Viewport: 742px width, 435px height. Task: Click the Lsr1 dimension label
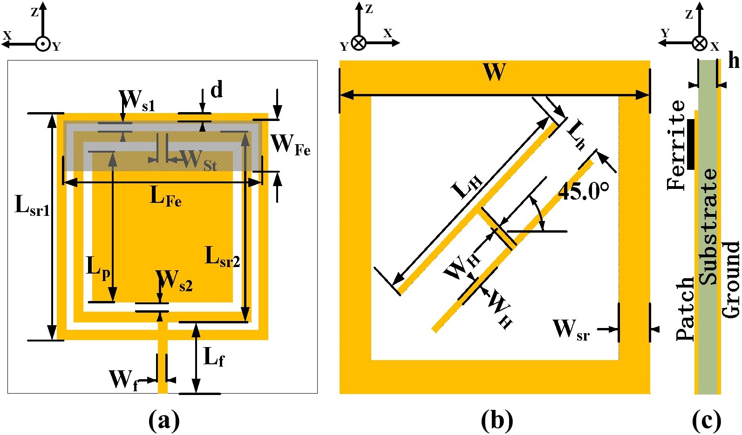pyautogui.click(x=32, y=205)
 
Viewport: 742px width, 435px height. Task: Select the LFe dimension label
pyautogui.click(x=165, y=196)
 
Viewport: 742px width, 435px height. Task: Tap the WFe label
pyautogui.click(x=290, y=144)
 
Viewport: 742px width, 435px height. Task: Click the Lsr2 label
pyautogui.click(x=223, y=256)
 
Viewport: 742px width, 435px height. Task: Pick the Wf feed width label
pyautogui.click(x=123, y=380)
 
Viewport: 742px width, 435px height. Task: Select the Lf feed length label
pyautogui.click(x=214, y=357)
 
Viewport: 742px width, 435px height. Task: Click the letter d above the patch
pyautogui.click(x=217, y=89)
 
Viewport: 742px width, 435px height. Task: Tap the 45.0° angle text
pyautogui.click(x=583, y=191)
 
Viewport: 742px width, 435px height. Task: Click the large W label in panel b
pyautogui.click(x=494, y=73)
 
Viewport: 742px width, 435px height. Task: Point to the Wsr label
pyautogui.click(x=571, y=329)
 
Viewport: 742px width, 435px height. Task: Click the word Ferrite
pyautogui.click(x=676, y=145)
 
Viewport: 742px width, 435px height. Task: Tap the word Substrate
pyautogui.click(x=708, y=227)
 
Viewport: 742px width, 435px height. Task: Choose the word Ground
pyautogui.click(x=731, y=279)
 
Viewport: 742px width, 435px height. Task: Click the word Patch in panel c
pyautogui.click(x=685, y=309)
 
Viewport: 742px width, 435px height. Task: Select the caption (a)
pyautogui.click(x=163, y=420)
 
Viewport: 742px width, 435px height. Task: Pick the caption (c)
pyautogui.click(x=707, y=420)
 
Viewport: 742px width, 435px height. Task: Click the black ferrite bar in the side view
pyautogui.click(x=690, y=144)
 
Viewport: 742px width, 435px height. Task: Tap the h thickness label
pyautogui.click(x=733, y=60)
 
